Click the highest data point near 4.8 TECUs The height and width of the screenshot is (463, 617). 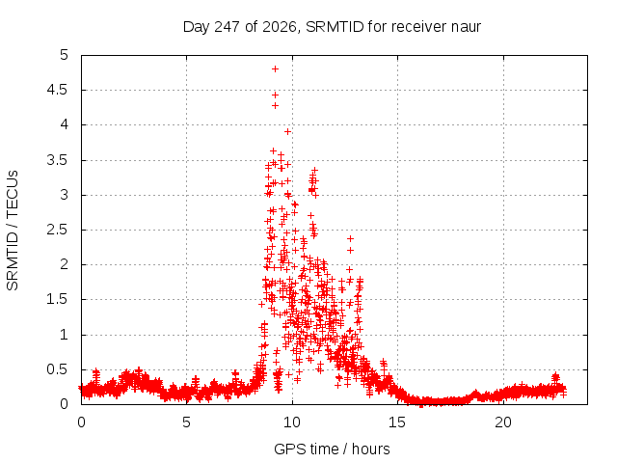[x=275, y=68]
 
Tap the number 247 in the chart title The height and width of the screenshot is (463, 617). [x=228, y=27]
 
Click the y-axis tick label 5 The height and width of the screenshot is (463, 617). [x=65, y=55]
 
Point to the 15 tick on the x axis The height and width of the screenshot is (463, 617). [x=397, y=422]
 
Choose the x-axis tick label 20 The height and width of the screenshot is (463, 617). [x=503, y=422]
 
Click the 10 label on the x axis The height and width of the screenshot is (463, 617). [x=292, y=422]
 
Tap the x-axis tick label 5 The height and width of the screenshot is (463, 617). [x=186, y=422]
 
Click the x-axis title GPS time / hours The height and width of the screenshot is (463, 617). [x=332, y=449]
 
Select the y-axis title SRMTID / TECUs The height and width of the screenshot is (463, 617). [x=13, y=231]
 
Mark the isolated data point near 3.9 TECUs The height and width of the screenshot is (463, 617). [x=287, y=131]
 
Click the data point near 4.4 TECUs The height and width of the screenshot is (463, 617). [x=275, y=95]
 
